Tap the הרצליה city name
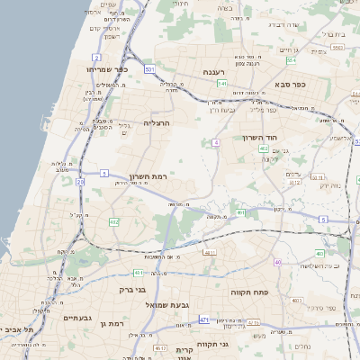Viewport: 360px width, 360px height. [x=157, y=121]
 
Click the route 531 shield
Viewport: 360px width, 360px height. [x=149, y=69]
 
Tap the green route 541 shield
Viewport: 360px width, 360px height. [x=221, y=84]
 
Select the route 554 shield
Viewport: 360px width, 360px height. [x=291, y=60]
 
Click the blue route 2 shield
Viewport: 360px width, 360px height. [x=95, y=58]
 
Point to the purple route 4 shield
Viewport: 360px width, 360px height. [x=216, y=143]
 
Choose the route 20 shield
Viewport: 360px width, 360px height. [x=80, y=182]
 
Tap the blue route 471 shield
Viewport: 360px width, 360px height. [x=204, y=319]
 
